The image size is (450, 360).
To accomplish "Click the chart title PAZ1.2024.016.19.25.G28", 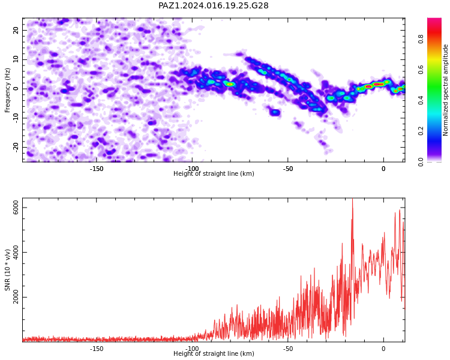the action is [x=213, y=5].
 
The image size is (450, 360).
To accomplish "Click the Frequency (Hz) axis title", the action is [x=7, y=90].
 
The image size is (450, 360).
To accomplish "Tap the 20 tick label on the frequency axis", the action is [x=16, y=30].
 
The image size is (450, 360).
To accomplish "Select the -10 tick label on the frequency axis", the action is [x=16, y=118].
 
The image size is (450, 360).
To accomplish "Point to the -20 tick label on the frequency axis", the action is [x=16, y=147].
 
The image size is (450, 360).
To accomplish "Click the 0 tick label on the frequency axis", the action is [x=16, y=89].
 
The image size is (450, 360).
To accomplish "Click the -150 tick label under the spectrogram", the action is [x=97, y=169].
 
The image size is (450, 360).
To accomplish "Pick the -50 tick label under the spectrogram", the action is [x=288, y=169].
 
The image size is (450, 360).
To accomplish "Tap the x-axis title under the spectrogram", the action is [x=214, y=173].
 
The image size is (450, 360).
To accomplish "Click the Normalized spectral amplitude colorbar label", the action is [x=445, y=90].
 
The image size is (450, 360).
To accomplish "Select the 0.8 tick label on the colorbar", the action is [x=421, y=39].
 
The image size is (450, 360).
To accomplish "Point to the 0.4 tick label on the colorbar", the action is [x=421, y=100].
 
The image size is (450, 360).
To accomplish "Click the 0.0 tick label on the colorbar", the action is [x=421, y=162].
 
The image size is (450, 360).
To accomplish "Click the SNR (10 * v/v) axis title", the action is [x=7, y=270].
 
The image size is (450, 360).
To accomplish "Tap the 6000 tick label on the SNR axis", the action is [x=16, y=207].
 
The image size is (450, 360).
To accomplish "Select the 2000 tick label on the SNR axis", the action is [x=16, y=297].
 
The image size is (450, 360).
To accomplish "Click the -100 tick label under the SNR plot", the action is [x=192, y=349].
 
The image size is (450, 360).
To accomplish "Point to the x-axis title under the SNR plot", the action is [x=214, y=353].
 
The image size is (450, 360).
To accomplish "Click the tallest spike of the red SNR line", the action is [x=352, y=199].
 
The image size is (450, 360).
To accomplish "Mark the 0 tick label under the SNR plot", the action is [x=383, y=349].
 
